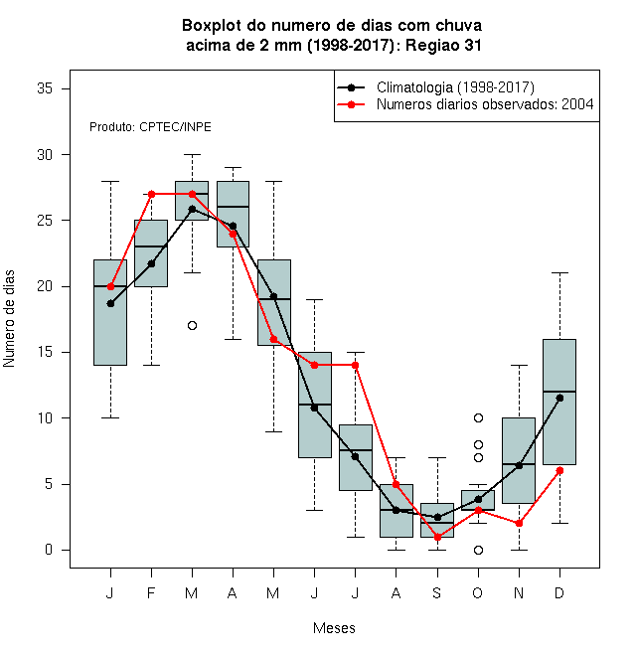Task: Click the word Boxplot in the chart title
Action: click(212, 26)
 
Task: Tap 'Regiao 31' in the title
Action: click(443, 45)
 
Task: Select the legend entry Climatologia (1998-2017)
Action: click(455, 87)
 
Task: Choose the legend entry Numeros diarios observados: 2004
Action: click(485, 104)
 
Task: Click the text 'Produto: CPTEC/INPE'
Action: click(150, 127)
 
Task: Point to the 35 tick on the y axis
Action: click(45, 88)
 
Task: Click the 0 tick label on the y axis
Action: click(49, 550)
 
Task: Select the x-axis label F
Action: click(151, 592)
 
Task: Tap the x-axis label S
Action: click(437, 592)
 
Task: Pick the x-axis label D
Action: click(559, 592)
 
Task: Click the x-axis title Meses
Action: click(334, 628)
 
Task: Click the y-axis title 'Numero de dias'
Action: click(9, 319)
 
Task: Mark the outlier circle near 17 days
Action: click(192, 325)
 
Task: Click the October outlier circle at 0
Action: click(478, 550)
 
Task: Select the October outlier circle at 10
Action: click(478, 417)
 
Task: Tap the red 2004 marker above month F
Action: click(151, 194)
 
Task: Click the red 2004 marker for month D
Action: click(559, 471)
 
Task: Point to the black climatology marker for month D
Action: click(559, 398)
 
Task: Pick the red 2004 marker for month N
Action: click(520, 524)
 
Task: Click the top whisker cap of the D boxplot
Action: click(559, 272)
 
